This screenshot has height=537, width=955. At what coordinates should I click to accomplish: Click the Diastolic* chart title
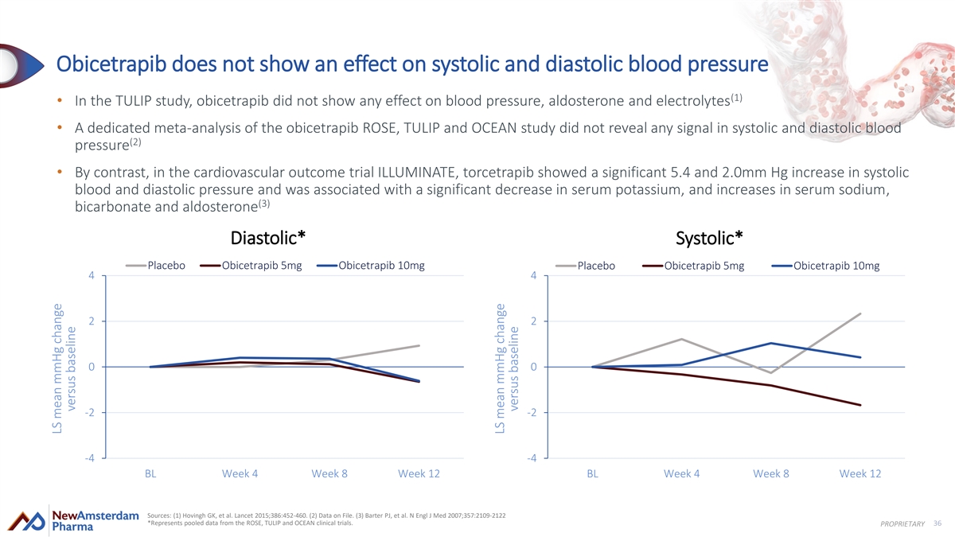click(x=267, y=238)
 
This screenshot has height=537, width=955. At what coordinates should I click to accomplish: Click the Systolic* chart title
click(x=709, y=238)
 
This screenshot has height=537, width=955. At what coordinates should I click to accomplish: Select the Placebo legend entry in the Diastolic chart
click(x=156, y=266)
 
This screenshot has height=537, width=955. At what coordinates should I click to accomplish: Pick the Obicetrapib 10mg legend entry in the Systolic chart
click(x=826, y=266)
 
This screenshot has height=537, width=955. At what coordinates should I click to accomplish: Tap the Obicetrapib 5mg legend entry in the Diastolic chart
click(x=251, y=266)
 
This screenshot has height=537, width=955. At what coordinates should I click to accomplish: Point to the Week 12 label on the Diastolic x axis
click(x=419, y=473)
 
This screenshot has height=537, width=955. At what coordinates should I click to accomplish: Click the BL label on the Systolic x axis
click(x=592, y=473)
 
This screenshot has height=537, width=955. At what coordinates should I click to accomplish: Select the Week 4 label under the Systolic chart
click(x=681, y=473)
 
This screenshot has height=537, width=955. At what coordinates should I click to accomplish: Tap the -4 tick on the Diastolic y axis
click(x=89, y=458)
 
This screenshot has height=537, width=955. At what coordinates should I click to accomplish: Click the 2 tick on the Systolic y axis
click(x=533, y=321)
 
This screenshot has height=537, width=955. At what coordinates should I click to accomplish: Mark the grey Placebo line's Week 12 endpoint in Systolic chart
click(x=860, y=313)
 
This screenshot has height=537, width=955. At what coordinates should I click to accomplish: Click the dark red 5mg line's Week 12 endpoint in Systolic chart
click(x=860, y=405)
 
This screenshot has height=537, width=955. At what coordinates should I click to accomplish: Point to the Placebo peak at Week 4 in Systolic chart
click(x=681, y=339)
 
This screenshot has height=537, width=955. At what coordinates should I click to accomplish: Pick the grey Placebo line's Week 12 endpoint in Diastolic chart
click(x=419, y=345)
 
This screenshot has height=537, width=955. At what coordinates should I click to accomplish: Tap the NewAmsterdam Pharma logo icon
click(x=26, y=521)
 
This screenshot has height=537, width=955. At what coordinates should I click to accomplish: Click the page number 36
click(x=937, y=523)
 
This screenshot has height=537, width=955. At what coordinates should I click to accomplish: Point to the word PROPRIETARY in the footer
click(x=902, y=523)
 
